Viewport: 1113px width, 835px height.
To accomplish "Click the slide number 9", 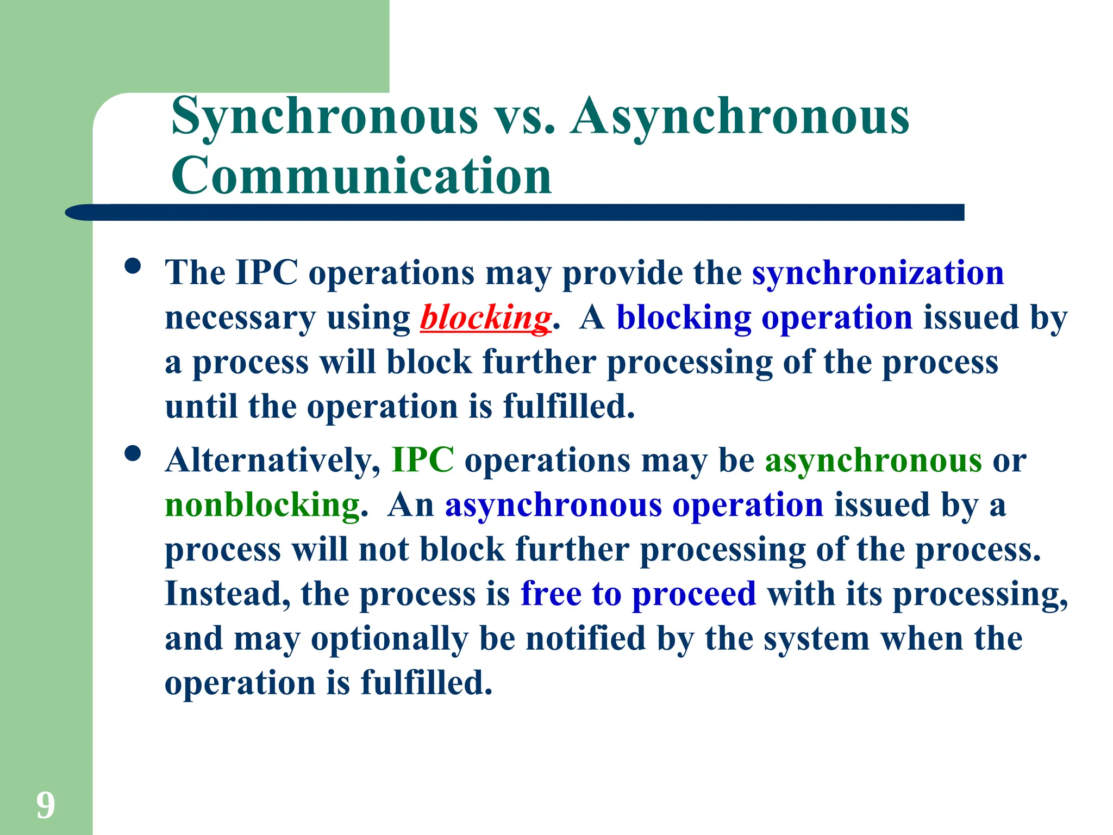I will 46,805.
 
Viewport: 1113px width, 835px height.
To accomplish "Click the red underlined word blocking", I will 485,317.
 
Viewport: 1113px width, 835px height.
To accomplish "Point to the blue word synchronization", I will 878,272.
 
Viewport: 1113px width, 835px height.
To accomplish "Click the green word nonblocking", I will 262,505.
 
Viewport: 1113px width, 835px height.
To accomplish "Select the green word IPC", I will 423,460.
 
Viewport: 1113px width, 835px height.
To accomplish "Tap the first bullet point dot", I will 133,266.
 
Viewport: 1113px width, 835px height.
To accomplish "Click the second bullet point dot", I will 133,453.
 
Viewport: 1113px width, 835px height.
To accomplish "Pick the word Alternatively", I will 273,460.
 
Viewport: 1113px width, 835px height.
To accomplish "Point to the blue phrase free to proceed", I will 638,594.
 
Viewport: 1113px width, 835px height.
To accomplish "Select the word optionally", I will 389,639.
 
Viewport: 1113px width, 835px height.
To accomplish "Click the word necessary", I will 240,318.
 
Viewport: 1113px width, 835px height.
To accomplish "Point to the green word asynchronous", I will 873,460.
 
